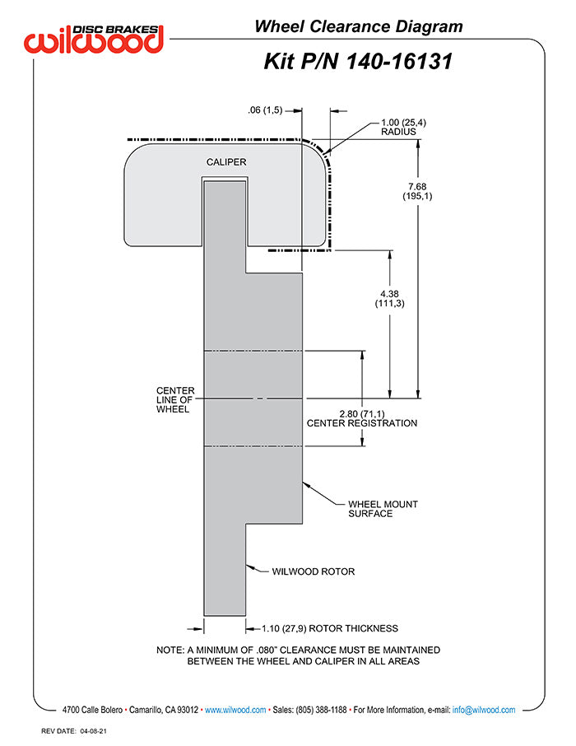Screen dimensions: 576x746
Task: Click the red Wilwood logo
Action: click(94, 39)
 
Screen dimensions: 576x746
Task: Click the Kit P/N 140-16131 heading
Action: click(358, 62)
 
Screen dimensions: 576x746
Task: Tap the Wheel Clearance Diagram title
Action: click(359, 26)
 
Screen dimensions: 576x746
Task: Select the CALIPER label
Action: click(226, 162)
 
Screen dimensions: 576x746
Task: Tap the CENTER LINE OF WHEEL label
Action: click(175, 399)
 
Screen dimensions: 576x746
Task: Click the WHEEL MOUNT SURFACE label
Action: click(383, 509)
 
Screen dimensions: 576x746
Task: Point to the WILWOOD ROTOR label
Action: click(314, 571)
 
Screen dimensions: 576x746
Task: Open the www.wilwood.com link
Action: click(235, 710)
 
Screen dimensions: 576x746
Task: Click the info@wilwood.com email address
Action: click(484, 710)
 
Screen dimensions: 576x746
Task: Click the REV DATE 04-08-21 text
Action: click(74, 731)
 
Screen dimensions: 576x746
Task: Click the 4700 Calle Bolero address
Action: click(92, 710)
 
